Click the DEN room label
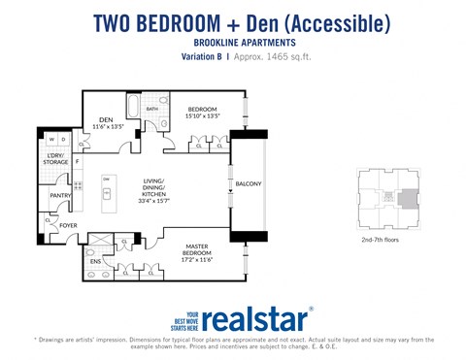[106, 120]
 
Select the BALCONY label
[248, 183]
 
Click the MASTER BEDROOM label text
[199, 252]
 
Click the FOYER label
[68, 225]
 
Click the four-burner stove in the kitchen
[78, 184]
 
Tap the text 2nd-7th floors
[381, 238]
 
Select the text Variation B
[203, 56]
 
